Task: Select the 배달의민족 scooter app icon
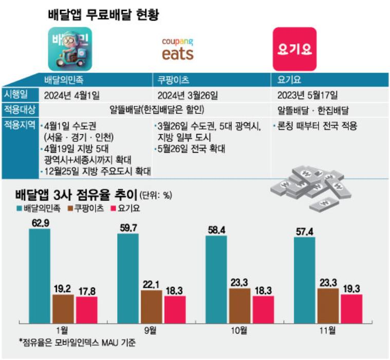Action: [70, 48]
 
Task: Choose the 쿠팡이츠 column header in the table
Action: [171, 80]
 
